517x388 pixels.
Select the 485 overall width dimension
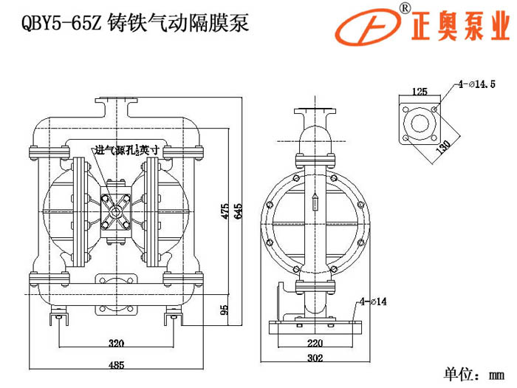pyautogui.click(x=115, y=365)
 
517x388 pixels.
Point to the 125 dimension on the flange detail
pyautogui.click(x=420, y=92)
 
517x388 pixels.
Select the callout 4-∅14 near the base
pyautogui.click(x=374, y=301)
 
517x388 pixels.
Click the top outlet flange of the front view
pyautogui.click(x=116, y=101)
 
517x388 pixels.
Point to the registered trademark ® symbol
pyautogui.click(x=405, y=7)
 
